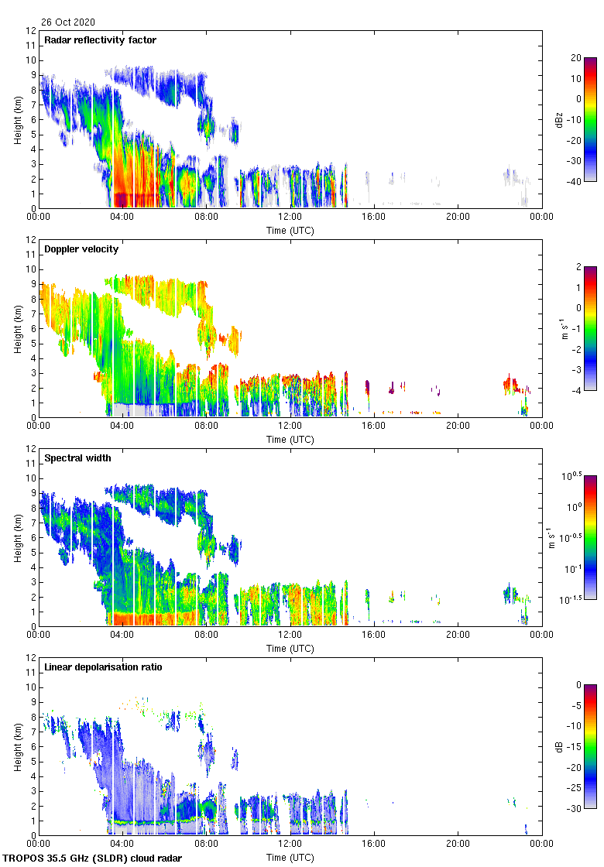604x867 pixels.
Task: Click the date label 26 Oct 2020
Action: click(x=68, y=22)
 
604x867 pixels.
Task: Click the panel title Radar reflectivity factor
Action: click(x=100, y=39)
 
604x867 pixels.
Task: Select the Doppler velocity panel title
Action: click(x=81, y=248)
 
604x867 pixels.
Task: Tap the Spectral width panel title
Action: click(x=77, y=457)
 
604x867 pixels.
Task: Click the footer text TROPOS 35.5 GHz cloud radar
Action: click(x=93, y=858)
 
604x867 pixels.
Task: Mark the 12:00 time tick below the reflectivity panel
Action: click(x=290, y=218)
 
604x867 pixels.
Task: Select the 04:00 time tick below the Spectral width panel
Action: click(x=122, y=636)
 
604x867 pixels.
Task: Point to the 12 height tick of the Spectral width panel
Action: click(x=31, y=449)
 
